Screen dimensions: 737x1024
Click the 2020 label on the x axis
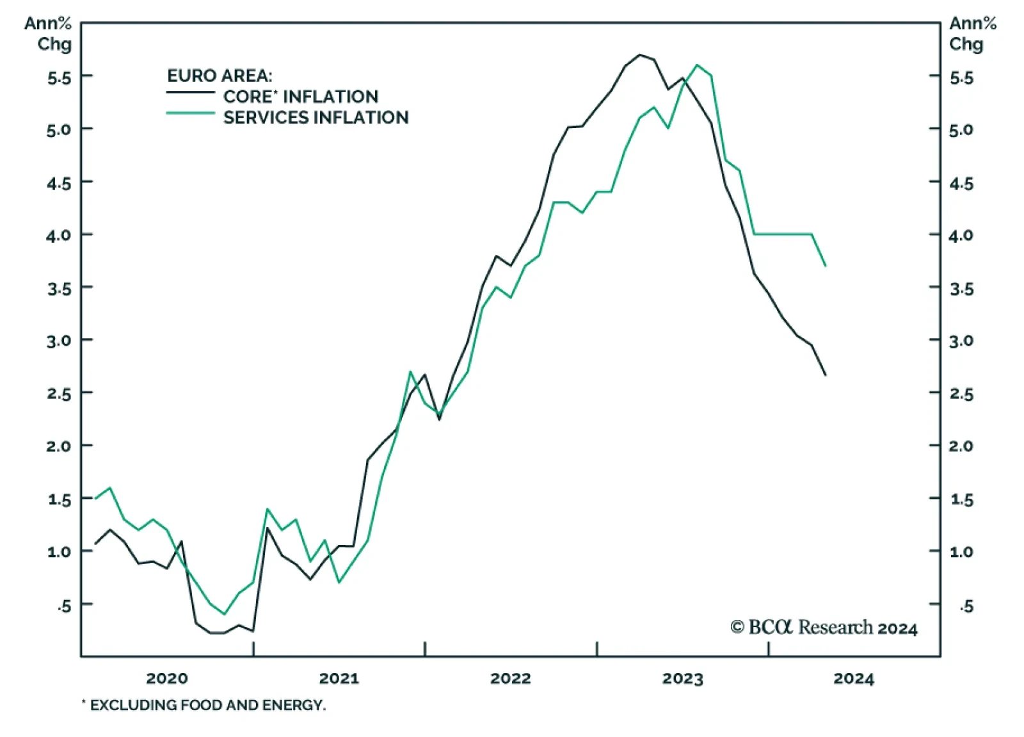pyautogui.click(x=167, y=678)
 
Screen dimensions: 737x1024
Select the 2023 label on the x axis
pyautogui.click(x=682, y=678)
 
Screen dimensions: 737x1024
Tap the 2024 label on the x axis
pyautogui.click(x=854, y=678)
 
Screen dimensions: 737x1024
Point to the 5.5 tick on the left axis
pyautogui.click(x=58, y=77)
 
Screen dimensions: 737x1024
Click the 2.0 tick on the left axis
pyautogui.click(x=58, y=446)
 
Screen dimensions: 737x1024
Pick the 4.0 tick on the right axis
pyautogui.click(x=961, y=235)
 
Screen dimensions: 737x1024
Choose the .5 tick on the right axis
pyautogui.click(x=966, y=605)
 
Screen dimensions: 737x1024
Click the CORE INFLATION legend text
pyautogui.click(x=300, y=97)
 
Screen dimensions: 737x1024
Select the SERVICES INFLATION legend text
pyautogui.click(x=316, y=118)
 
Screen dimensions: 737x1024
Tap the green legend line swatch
pyautogui.click(x=190, y=113)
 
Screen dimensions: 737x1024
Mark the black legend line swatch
pyautogui.click(x=190, y=92)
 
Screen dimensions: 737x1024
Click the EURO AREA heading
pyautogui.click(x=220, y=76)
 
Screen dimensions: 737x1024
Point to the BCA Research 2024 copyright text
pyautogui.click(x=824, y=628)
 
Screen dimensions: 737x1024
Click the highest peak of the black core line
pyautogui.click(x=639, y=54)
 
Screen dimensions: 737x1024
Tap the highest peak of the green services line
pyautogui.click(x=697, y=65)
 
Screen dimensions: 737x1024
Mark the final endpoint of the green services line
pyautogui.click(x=826, y=266)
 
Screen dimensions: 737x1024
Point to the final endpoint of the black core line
pyautogui.click(x=826, y=375)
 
